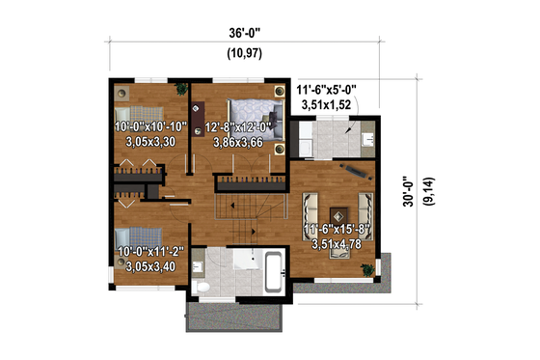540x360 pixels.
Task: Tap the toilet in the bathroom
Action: click(x=200, y=287)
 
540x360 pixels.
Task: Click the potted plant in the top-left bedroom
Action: click(x=179, y=91)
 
